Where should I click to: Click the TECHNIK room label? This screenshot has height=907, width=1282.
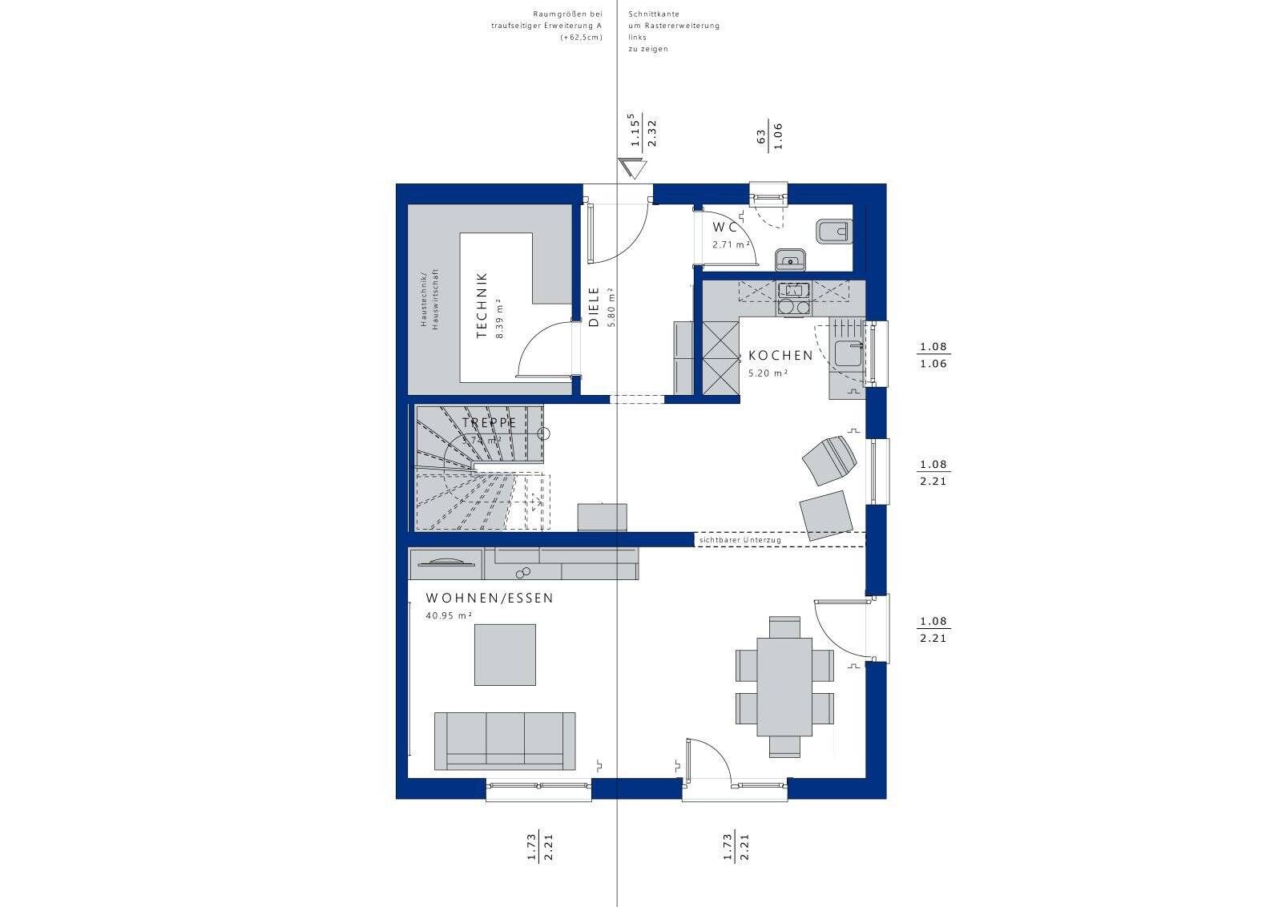click(482, 306)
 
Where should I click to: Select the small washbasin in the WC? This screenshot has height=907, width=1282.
click(791, 258)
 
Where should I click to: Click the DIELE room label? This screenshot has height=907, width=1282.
click(594, 307)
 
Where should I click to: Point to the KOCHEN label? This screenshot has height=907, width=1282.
click(780, 355)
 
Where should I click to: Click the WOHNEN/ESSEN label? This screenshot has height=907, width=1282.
click(490, 599)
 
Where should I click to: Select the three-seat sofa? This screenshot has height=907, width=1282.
click(505, 740)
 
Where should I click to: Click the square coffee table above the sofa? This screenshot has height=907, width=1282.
click(505, 655)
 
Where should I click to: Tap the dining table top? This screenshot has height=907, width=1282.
click(784, 686)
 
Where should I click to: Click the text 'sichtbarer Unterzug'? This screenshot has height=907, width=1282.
click(740, 541)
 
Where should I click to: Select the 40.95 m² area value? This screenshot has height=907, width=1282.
click(449, 616)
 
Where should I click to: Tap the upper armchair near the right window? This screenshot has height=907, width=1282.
click(830, 459)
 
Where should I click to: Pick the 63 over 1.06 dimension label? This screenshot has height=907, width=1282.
click(769, 136)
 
